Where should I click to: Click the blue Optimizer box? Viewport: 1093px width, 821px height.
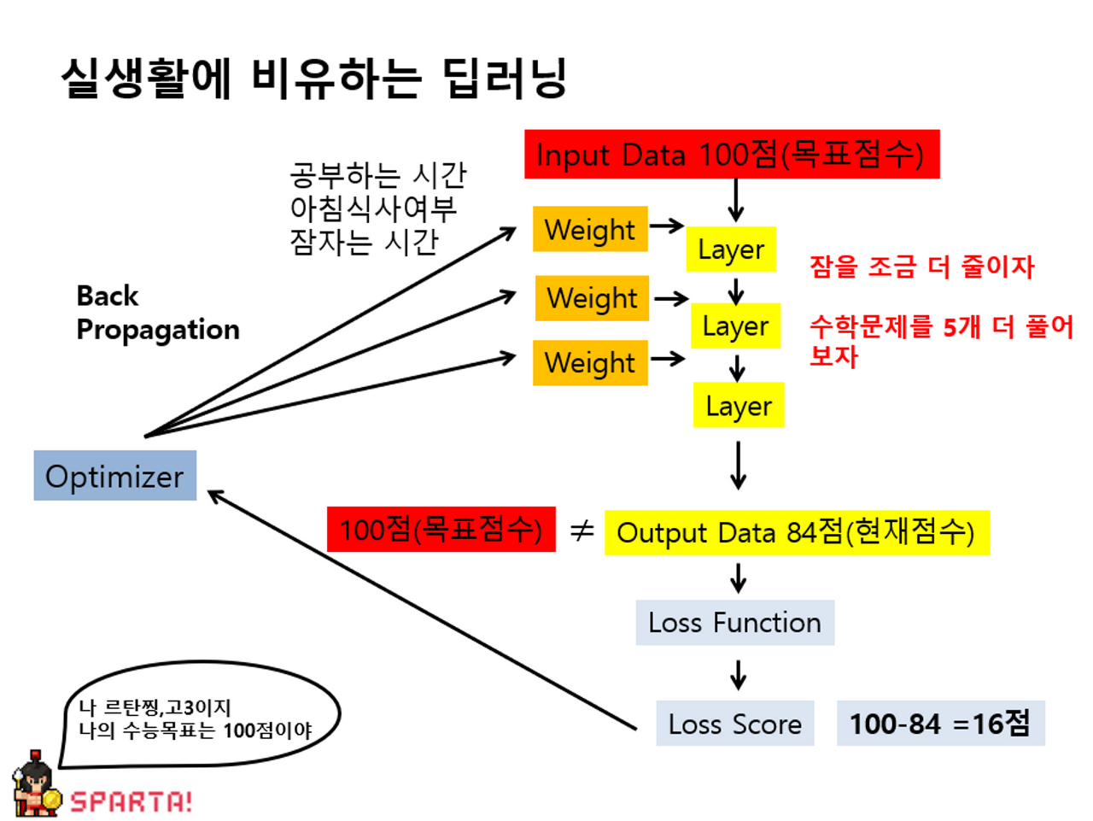pos(115,476)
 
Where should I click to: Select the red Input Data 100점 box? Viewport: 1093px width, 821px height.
pos(732,155)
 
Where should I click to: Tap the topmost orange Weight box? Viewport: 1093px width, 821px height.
pos(590,229)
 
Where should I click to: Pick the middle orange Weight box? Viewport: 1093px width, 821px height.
pos(592,298)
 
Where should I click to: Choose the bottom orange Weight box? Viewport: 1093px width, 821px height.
pos(590,363)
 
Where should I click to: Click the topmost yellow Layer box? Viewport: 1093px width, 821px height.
pos(731,249)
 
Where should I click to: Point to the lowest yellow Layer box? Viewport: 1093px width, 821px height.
pos(739,406)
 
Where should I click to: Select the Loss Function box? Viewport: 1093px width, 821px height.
pos(734,622)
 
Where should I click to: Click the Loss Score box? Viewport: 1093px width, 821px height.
pos(734,724)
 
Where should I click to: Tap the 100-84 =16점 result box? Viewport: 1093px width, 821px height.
pos(940,724)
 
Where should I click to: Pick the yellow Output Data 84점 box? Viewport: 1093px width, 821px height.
pos(797,532)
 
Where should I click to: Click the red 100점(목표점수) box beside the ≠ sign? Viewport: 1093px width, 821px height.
pos(441,530)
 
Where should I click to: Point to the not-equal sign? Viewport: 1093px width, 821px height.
pos(582,531)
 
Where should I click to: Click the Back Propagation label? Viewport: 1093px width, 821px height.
pos(157,313)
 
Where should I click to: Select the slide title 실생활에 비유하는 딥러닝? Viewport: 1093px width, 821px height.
pos(314,79)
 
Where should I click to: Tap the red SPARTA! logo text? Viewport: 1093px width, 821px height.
pos(131,801)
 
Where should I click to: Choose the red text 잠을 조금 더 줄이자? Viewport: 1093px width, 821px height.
pos(921,267)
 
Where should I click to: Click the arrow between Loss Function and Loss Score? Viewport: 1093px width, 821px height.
pos(739,674)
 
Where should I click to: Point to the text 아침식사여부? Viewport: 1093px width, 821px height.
pos(373,208)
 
